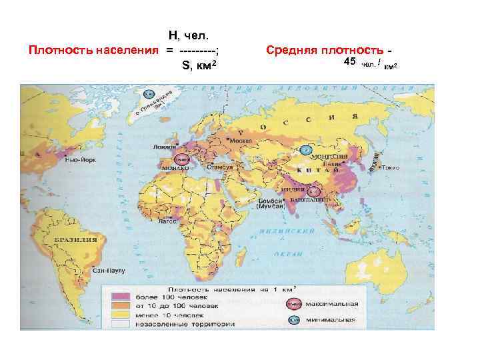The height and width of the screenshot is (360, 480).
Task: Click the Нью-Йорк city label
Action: tap(79, 160)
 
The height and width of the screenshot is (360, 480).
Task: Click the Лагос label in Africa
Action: tap(167, 221)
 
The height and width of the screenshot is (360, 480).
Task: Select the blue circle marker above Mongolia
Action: tap(306, 149)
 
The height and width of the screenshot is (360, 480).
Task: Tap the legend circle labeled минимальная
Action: tap(293, 320)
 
